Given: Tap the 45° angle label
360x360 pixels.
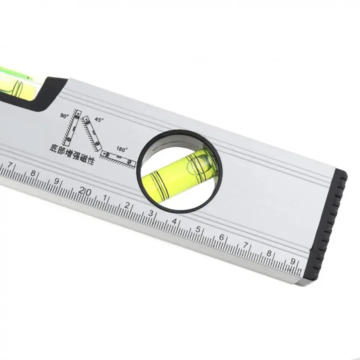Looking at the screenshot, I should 99,120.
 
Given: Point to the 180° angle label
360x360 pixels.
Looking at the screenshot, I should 122,149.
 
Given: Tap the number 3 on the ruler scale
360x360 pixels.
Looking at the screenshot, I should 150,213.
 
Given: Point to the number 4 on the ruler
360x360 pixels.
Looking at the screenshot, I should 174,221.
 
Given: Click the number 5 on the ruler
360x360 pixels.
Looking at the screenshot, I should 198,229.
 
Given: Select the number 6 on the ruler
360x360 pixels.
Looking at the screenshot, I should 221,237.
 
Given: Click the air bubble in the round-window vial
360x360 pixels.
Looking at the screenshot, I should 196,161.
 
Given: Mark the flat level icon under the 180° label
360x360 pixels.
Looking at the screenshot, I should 118,158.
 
